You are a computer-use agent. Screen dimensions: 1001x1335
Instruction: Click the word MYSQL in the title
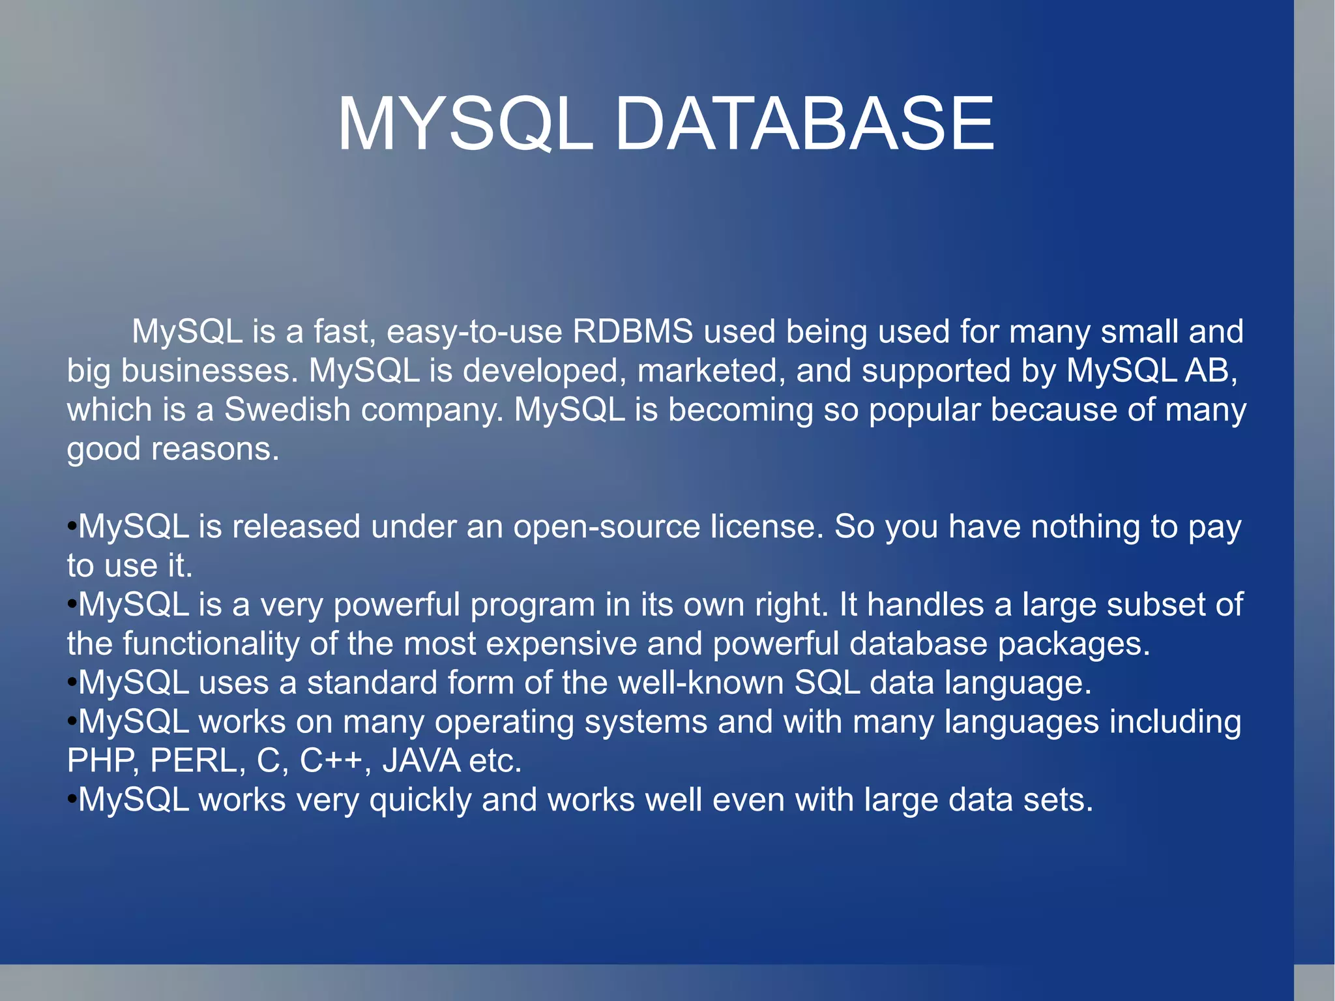click(x=464, y=124)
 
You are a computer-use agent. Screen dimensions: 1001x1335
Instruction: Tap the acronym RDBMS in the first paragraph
click(x=632, y=331)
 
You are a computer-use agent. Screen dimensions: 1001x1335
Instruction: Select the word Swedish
click(x=287, y=410)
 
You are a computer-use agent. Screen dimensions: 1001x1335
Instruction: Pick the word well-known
click(x=701, y=683)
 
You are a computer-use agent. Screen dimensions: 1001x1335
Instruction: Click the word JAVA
click(x=421, y=761)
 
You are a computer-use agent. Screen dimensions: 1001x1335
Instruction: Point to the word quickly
click(x=420, y=800)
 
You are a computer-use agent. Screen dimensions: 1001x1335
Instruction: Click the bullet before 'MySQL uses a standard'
click(x=72, y=682)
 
